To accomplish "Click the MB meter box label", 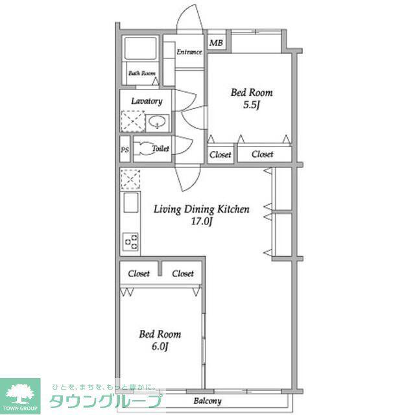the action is pyautogui.click(x=216, y=43).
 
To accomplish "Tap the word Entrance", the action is pyautogui.click(x=189, y=52).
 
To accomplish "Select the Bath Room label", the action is pyautogui.click(x=142, y=73).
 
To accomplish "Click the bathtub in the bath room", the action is pyautogui.click(x=140, y=49).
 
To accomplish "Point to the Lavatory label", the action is pyautogui.click(x=147, y=101).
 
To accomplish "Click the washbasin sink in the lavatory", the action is pyautogui.click(x=157, y=122).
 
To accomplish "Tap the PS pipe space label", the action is pyautogui.click(x=124, y=150).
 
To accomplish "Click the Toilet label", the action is pyautogui.click(x=160, y=148).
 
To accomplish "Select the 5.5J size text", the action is pyautogui.click(x=252, y=105).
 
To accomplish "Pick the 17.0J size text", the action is pyautogui.click(x=202, y=222).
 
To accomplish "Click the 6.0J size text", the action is pyautogui.click(x=160, y=346).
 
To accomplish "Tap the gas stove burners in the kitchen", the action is pyautogui.click(x=131, y=241).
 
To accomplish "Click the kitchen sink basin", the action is pyautogui.click(x=131, y=202).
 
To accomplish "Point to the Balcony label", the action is pyautogui.click(x=207, y=401).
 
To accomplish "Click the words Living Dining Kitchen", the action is pyautogui.click(x=202, y=209).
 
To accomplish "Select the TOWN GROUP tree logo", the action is pyautogui.click(x=20, y=396).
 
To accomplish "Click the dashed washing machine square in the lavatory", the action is pyautogui.click(x=133, y=121).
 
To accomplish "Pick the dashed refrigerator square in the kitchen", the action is pyautogui.click(x=130, y=180).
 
